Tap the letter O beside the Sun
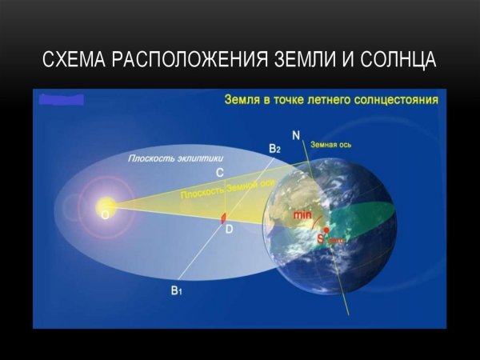pos(104,215)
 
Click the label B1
pos(176,292)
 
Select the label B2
pos(274,149)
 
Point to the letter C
pos(220,172)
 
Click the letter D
pos(229,230)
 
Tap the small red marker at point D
pos(225,216)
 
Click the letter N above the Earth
pos(296,135)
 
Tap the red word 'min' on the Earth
pos(302,215)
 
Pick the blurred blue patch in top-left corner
pos(61,101)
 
